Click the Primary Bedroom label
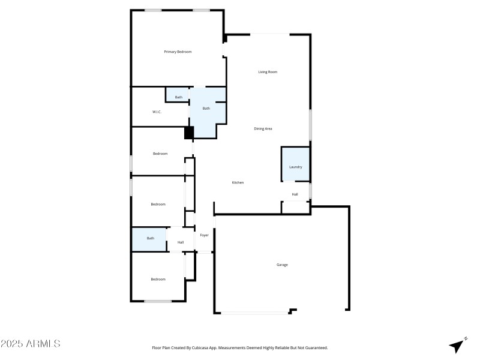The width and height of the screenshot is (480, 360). [x=178, y=52]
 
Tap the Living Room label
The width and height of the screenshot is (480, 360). [x=268, y=72]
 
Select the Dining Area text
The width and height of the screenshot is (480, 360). [x=263, y=128]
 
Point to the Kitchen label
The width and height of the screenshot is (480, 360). [x=238, y=182]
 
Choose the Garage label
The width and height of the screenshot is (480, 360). [x=282, y=265]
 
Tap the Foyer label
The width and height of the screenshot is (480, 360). [x=205, y=235]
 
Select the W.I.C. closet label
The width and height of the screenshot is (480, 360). [x=157, y=112]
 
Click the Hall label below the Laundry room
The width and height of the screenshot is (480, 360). [x=295, y=194]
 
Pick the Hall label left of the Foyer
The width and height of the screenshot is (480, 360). [x=181, y=242]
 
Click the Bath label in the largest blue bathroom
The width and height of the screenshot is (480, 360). [x=206, y=109]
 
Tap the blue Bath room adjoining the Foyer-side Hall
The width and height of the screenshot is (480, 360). [x=150, y=239]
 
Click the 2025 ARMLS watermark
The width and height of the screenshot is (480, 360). [x=30, y=344]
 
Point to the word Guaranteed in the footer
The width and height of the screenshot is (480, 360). [x=316, y=348]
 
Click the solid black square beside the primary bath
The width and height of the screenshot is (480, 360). [x=189, y=133]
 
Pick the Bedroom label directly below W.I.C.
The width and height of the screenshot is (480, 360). [x=160, y=154]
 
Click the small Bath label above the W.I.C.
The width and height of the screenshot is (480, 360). [x=179, y=97]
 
